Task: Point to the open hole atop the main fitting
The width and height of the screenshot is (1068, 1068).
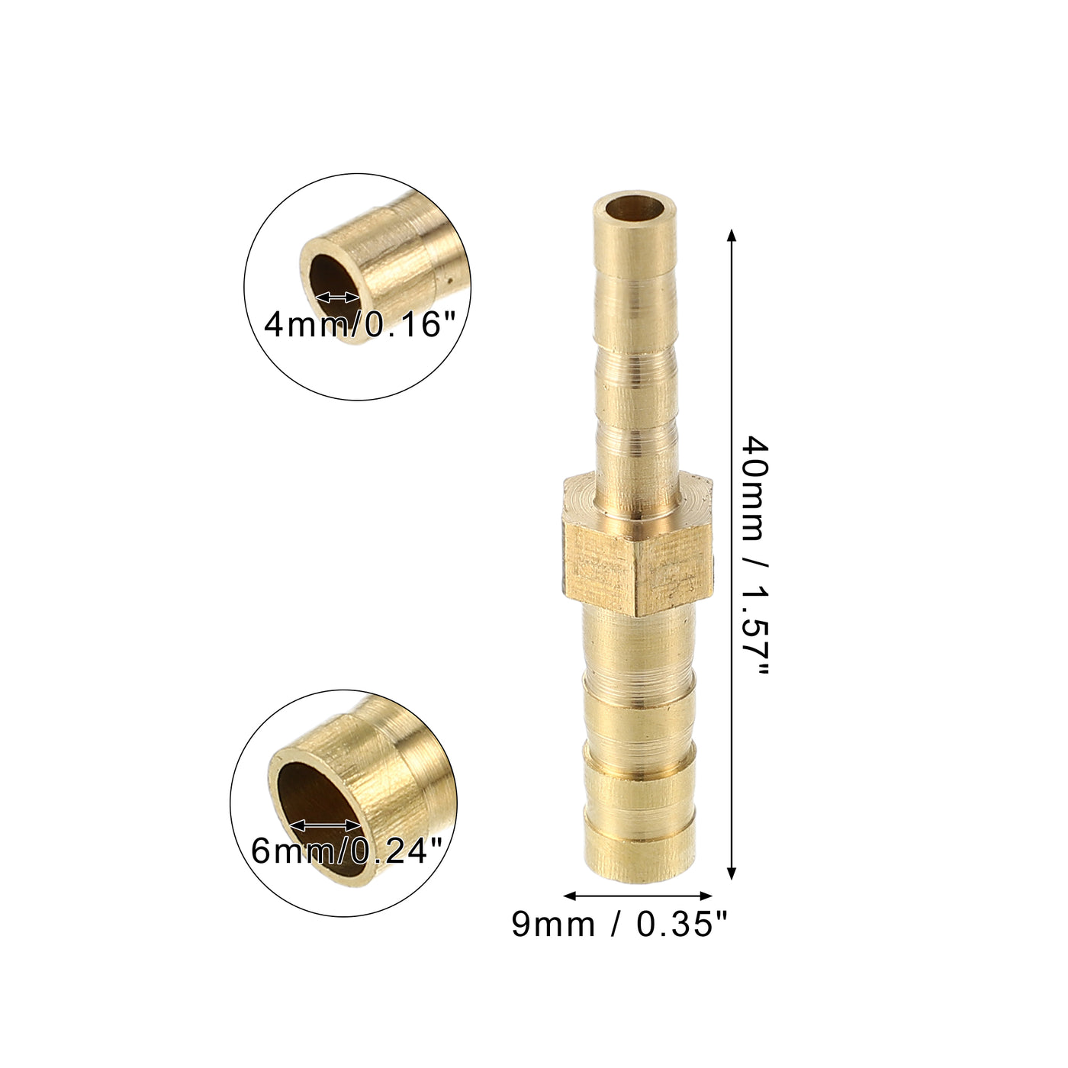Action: tap(635, 207)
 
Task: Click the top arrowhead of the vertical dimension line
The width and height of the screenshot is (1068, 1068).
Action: tap(732, 236)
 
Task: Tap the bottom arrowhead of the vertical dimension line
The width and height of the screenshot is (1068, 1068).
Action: tap(732, 872)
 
